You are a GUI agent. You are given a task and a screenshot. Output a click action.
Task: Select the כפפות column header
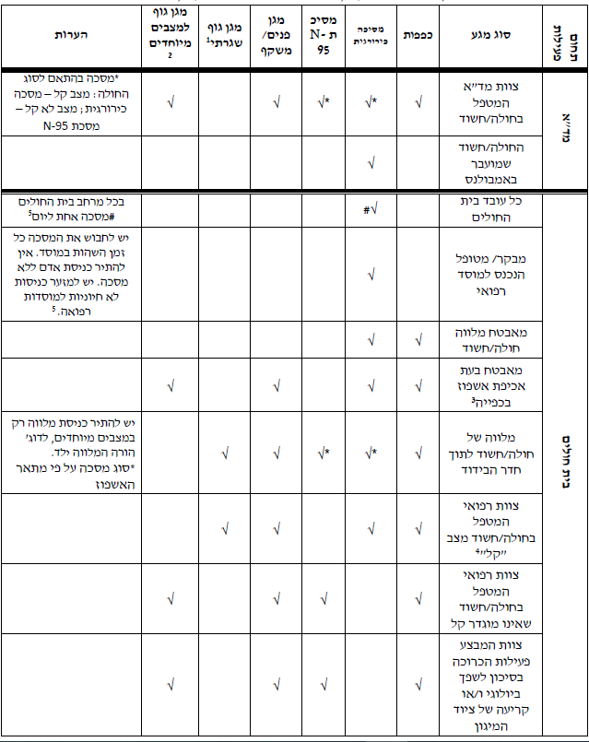pyautogui.click(x=419, y=34)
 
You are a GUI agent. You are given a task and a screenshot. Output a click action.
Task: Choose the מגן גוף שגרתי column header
pyautogui.click(x=223, y=34)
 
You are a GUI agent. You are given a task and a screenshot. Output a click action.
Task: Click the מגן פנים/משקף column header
pyautogui.click(x=277, y=34)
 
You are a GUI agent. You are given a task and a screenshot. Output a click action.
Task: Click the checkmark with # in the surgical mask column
pyautogui.click(x=371, y=209)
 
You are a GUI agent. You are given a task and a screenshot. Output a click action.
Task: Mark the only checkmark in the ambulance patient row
pyautogui.click(x=371, y=163)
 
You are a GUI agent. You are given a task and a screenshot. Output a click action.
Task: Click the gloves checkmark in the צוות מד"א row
pyautogui.click(x=419, y=102)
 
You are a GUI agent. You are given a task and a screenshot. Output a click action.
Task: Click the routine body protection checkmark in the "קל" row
pyautogui.click(x=223, y=528)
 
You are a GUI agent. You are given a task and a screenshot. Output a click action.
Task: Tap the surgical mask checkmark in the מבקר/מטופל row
pyautogui.click(x=371, y=273)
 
